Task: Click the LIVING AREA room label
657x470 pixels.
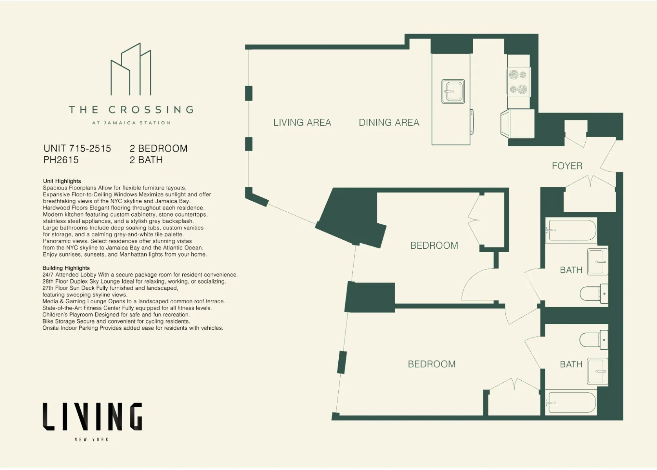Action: point(302,123)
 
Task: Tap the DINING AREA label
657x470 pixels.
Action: point(389,123)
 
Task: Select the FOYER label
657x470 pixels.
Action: point(567,166)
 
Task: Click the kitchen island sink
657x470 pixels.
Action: point(453,92)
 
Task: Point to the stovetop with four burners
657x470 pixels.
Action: point(518,82)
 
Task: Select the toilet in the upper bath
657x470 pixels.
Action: point(593,293)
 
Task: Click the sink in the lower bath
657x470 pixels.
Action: point(597,371)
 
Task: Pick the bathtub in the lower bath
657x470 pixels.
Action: point(572,402)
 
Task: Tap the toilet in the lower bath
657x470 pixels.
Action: point(593,339)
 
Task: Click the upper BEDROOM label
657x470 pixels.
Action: point(434,246)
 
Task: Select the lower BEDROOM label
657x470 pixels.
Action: point(432,364)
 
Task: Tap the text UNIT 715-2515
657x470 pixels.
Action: point(77,148)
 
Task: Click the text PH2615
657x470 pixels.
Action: point(61,160)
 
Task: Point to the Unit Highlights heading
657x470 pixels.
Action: point(62,181)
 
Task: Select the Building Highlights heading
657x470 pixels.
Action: point(66,268)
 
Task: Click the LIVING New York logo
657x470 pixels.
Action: point(92,421)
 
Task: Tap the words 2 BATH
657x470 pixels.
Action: point(146,160)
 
